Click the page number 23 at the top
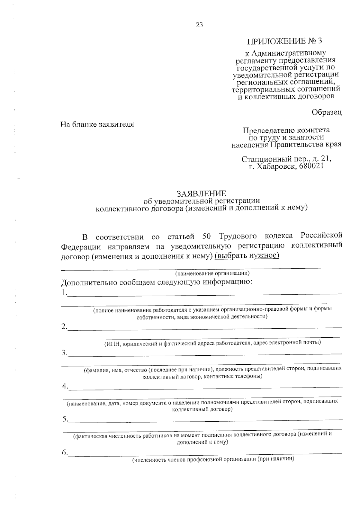199,25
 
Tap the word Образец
326,112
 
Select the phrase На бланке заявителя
97,124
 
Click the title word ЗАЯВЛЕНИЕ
201,193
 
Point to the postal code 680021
311,165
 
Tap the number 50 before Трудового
208,236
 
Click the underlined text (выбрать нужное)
247,256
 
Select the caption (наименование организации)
212,273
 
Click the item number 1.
64,293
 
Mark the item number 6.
64,453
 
